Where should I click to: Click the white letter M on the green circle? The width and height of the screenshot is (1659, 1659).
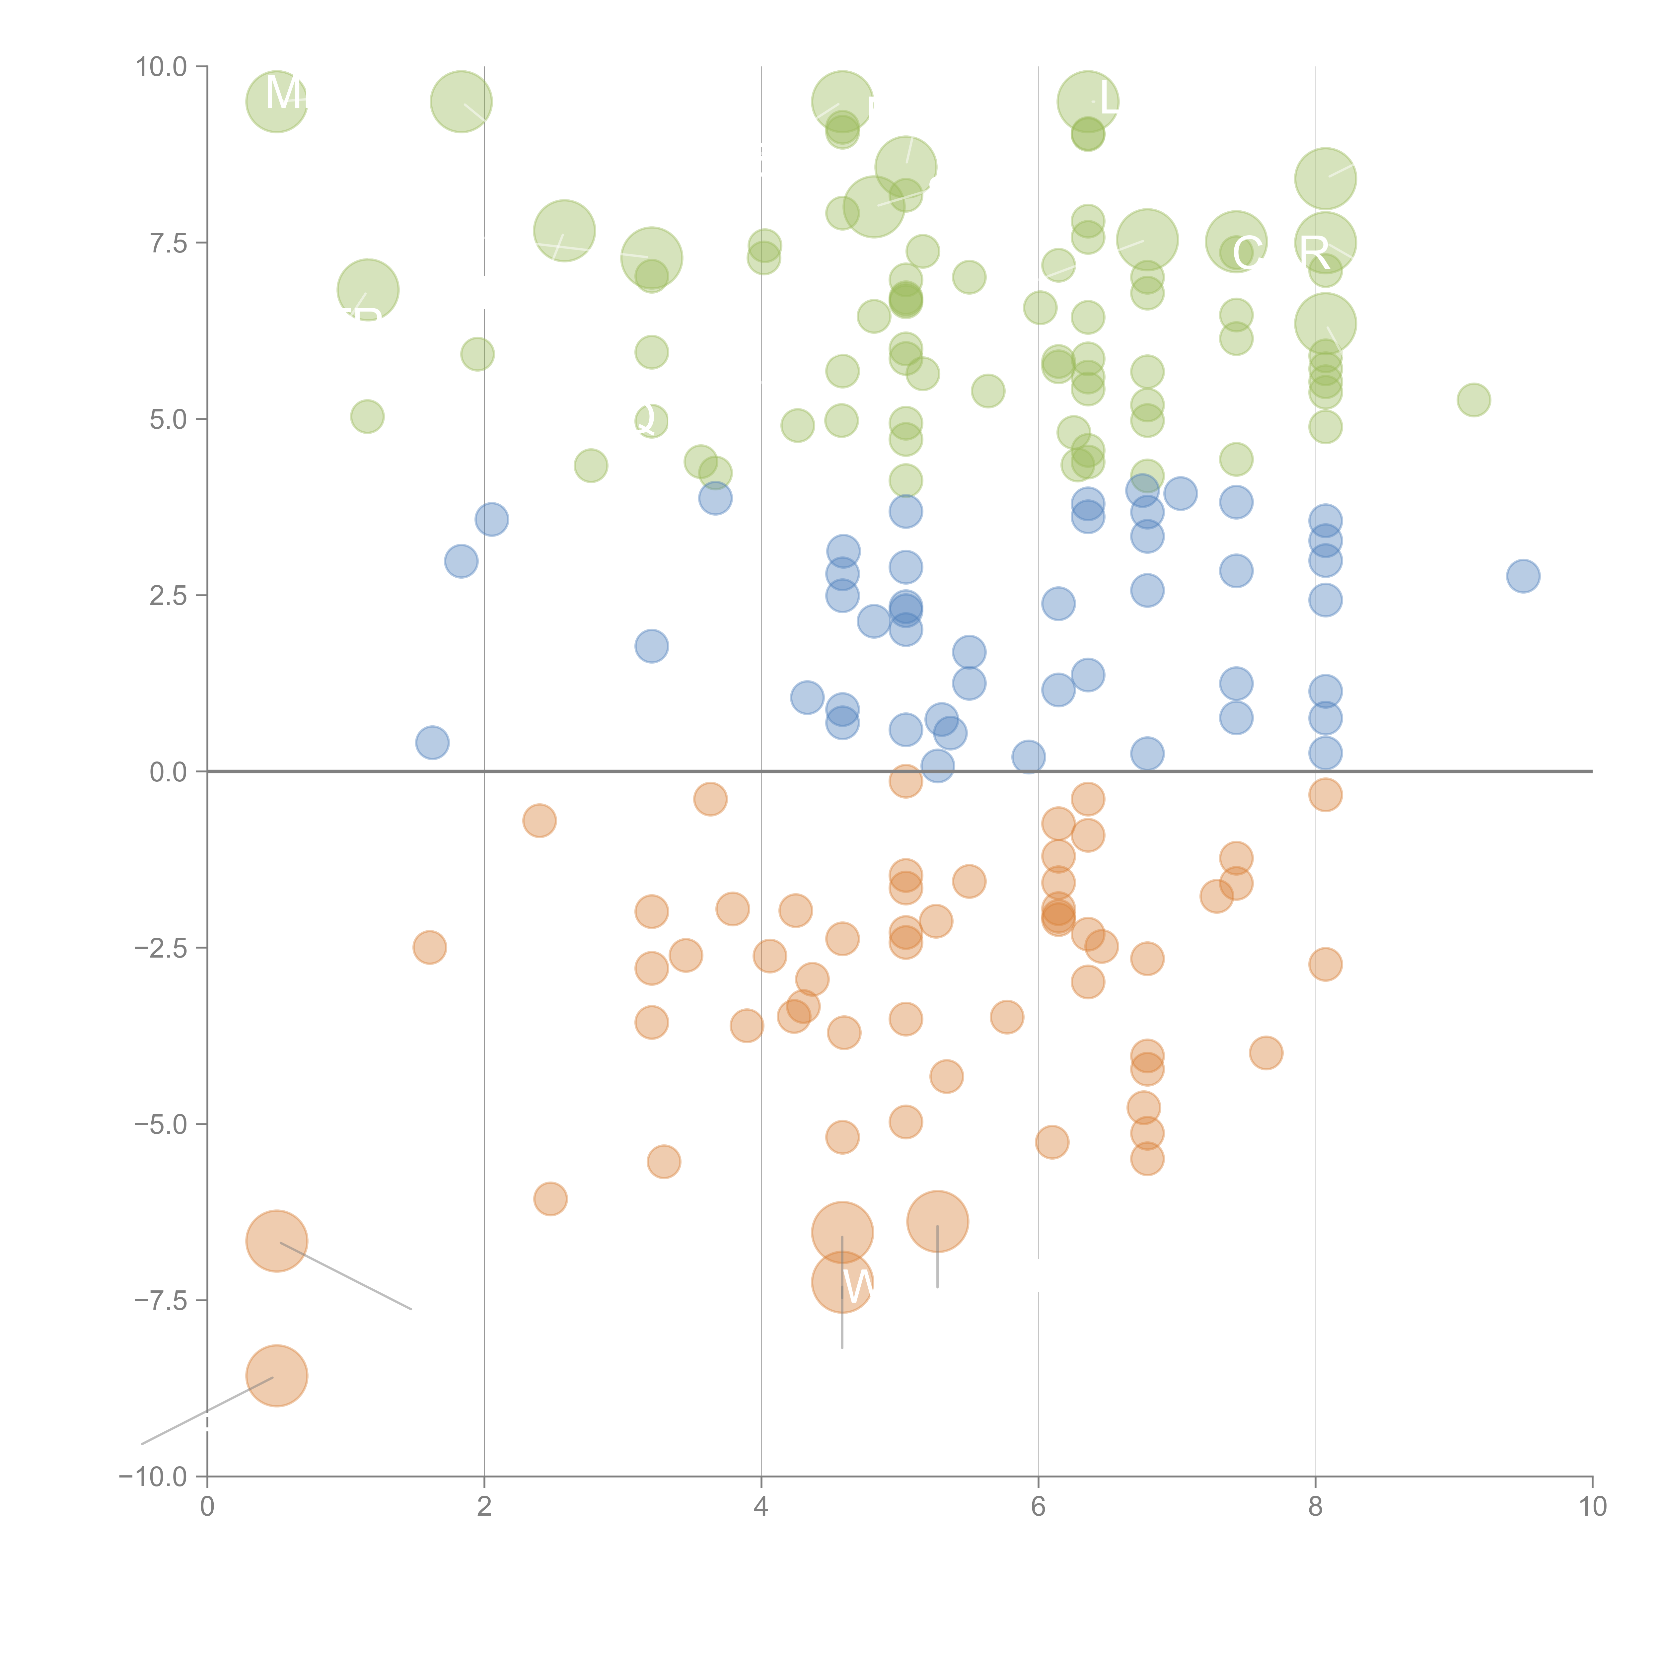coord(283,93)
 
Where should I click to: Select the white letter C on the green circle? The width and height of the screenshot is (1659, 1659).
coord(1247,253)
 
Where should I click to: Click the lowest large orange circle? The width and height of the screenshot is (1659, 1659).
coord(276,1376)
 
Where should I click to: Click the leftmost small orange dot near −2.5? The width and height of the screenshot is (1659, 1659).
coord(429,947)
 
